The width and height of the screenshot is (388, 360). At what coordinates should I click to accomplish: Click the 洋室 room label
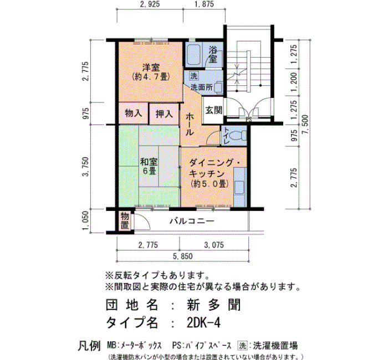tap(151, 67)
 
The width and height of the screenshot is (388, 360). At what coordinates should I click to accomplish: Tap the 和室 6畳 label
tap(149, 166)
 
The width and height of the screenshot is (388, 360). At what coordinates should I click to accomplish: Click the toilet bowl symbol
tap(238, 136)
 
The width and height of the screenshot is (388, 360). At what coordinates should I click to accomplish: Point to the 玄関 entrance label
tap(213, 110)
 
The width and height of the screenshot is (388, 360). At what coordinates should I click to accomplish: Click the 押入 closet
tap(164, 114)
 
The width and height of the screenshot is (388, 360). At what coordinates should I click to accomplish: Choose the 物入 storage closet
tap(134, 114)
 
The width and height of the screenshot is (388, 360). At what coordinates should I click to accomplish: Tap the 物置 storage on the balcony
tap(125, 221)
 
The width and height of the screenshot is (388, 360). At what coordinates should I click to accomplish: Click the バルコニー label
tap(192, 221)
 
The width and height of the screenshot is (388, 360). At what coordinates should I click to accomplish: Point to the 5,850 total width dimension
tap(182, 256)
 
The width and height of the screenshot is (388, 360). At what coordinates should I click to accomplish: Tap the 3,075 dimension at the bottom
tap(214, 245)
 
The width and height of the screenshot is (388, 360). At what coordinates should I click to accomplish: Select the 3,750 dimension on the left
tap(85, 167)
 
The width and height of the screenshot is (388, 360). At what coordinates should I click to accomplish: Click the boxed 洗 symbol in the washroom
tap(194, 76)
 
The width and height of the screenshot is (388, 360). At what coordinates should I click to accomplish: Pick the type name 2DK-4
tap(203, 322)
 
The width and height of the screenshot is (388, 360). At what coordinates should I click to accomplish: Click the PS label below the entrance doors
tap(249, 120)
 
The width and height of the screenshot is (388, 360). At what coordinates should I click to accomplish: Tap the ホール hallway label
tap(190, 124)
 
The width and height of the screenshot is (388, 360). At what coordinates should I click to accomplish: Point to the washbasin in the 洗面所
tap(218, 88)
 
